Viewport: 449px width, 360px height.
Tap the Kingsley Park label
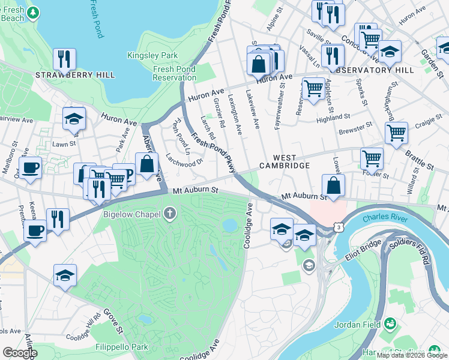[144, 56]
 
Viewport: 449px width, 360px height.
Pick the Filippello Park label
[121, 347]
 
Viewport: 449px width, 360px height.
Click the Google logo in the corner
[20, 353]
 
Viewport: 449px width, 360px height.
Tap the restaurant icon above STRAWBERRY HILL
[62, 58]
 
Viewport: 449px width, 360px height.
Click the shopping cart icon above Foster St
[372, 158]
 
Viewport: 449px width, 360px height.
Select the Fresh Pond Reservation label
[175, 74]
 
